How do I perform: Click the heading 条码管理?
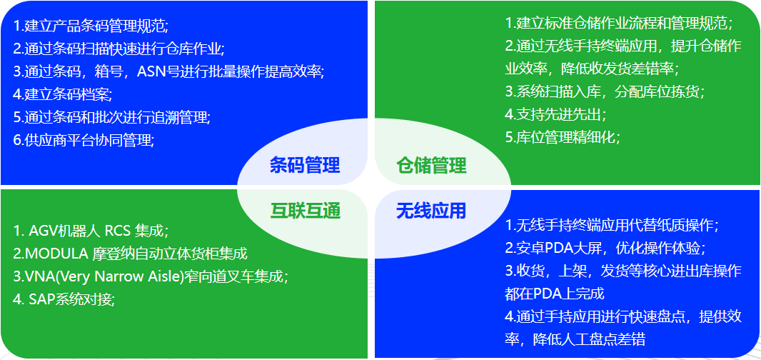[x=305, y=166]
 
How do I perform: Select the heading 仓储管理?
[x=431, y=166]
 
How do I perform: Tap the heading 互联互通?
[x=305, y=211]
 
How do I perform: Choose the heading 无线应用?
[x=431, y=211]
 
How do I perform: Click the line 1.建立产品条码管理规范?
[x=91, y=26]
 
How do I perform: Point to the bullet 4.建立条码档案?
[x=63, y=94]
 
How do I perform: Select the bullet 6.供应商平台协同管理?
[x=84, y=140]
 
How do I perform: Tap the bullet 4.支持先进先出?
[x=555, y=114]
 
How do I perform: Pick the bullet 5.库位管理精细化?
[x=563, y=137]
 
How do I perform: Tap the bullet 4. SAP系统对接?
[x=64, y=299]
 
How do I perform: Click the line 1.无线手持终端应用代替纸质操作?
[x=612, y=226]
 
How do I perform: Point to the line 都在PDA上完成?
[x=555, y=294]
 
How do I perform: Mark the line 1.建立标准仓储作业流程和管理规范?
[x=619, y=23]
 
